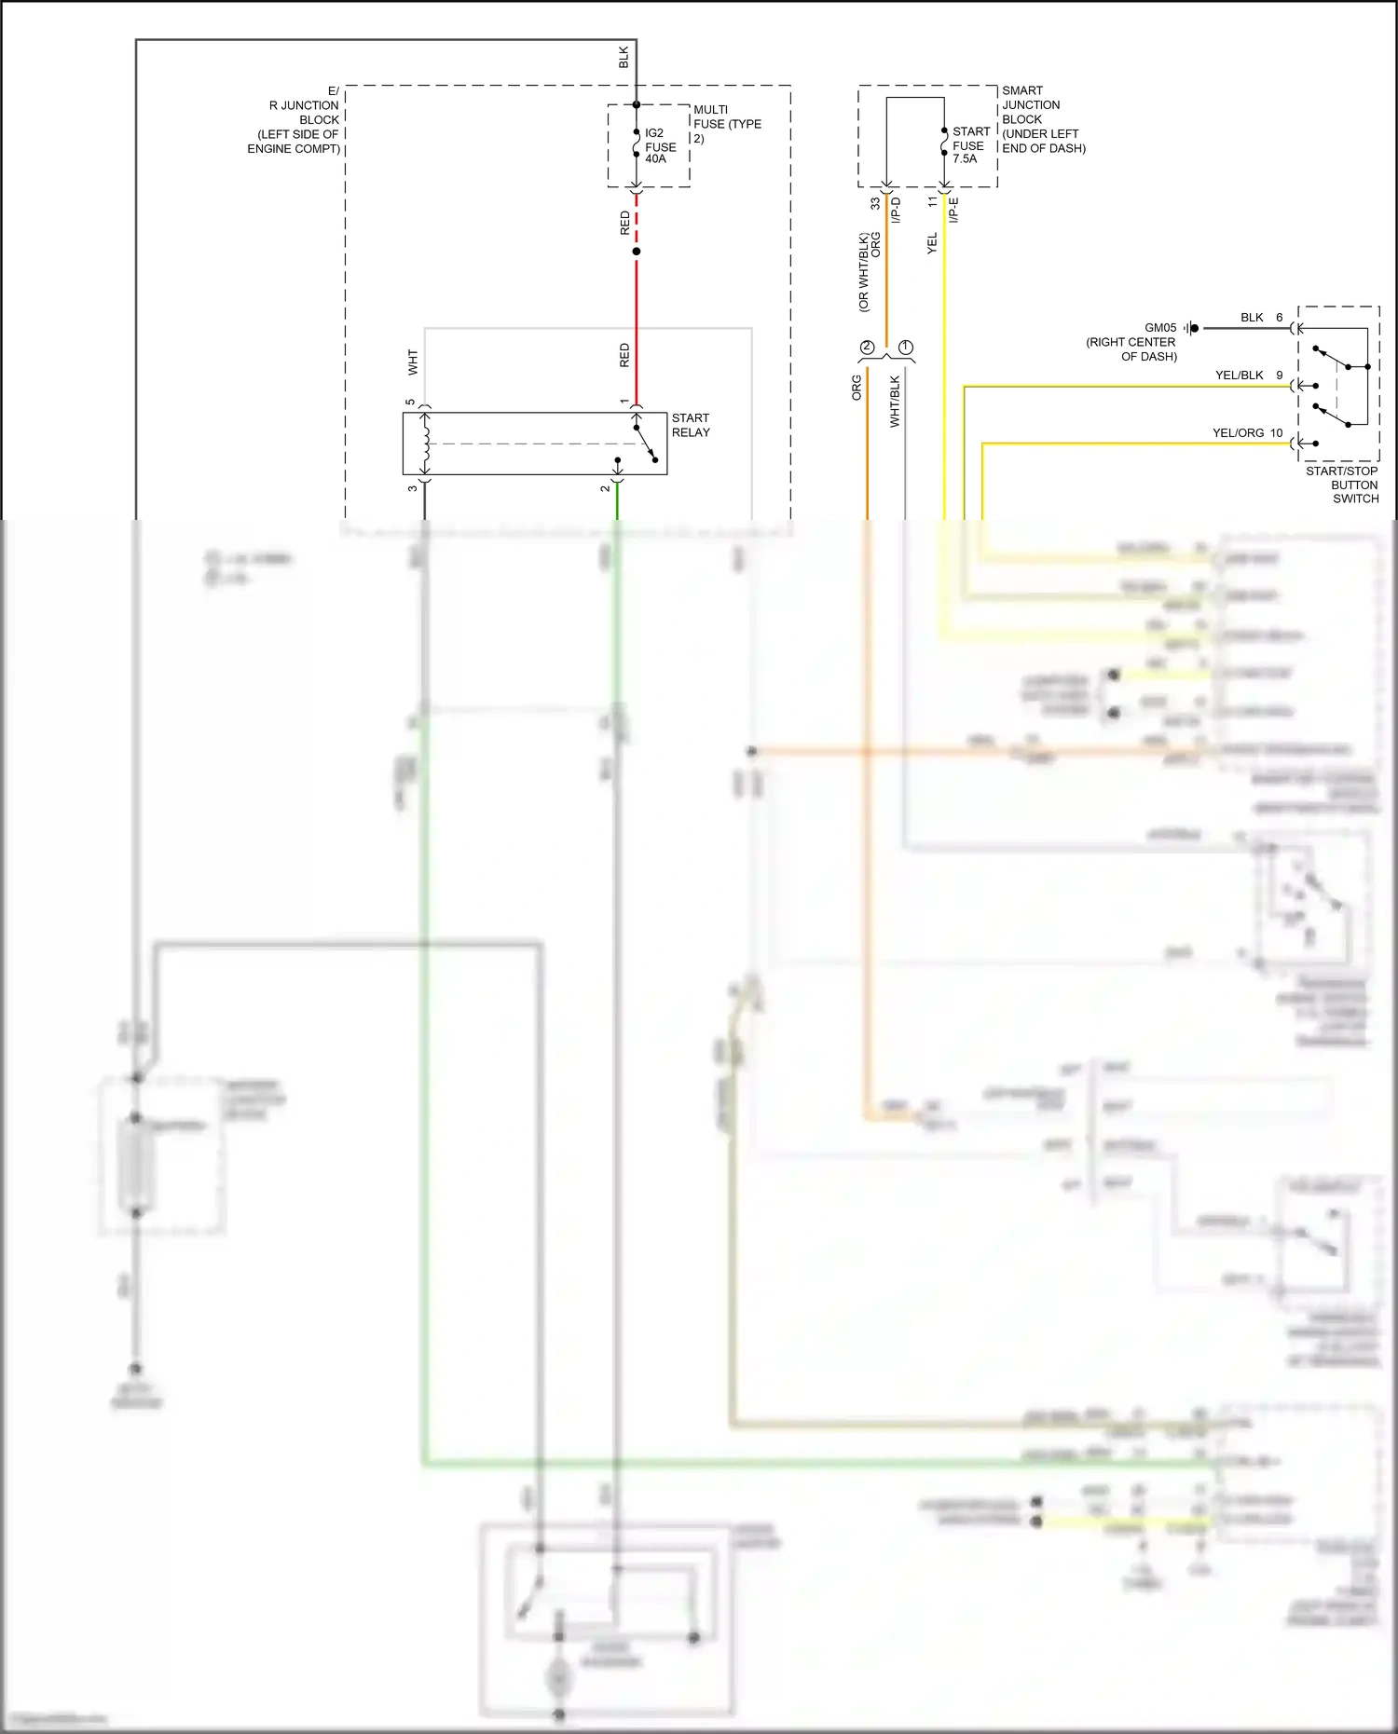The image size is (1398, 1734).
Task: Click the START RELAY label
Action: point(691,425)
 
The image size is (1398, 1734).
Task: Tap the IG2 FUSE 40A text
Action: point(660,146)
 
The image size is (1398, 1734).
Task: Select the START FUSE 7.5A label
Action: point(970,145)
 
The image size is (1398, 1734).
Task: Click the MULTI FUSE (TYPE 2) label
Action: point(727,124)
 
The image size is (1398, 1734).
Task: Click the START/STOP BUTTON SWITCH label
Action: point(1342,485)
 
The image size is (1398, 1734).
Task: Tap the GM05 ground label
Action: point(1160,328)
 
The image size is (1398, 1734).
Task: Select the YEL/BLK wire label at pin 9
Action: point(1239,375)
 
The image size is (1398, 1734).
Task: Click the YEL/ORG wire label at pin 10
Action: point(1238,433)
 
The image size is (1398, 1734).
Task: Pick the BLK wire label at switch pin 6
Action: point(1252,318)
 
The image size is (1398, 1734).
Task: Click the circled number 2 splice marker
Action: point(867,347)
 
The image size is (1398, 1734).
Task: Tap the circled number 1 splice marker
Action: point(906,347)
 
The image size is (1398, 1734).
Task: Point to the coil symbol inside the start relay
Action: point(426,444)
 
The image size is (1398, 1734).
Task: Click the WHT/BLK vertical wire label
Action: point(895,402)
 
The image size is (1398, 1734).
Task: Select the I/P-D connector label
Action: point(896,210)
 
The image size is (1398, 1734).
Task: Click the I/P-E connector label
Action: point(953,210)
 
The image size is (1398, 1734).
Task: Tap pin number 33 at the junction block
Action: point(875,202)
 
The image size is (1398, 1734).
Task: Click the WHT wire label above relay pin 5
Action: point(413,362)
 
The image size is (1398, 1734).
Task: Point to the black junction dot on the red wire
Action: point(637,252)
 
